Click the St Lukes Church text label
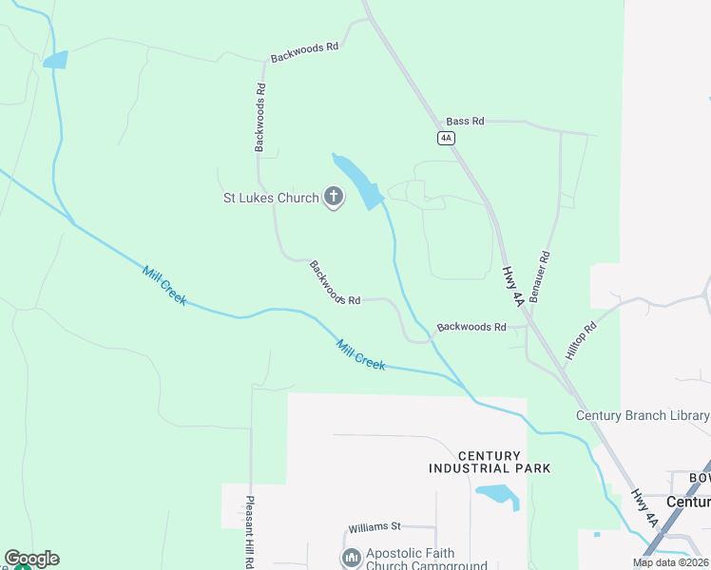point(270,198)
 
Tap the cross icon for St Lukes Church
point(334,198)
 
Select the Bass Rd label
point(465,122)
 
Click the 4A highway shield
point(446,139)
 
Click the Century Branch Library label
point(643,416)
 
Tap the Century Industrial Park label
point(490,463)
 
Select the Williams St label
point(375,526)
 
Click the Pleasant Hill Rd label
point(250,532)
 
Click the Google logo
point(31,559)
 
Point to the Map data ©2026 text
point(670,562)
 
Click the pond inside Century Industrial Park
point(497,494)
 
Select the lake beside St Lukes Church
point(357,181)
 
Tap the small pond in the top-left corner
point(55,60)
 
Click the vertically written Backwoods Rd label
point(259,118)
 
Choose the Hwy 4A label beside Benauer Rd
point(512,286)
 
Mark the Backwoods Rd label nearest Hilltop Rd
point(471,327)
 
